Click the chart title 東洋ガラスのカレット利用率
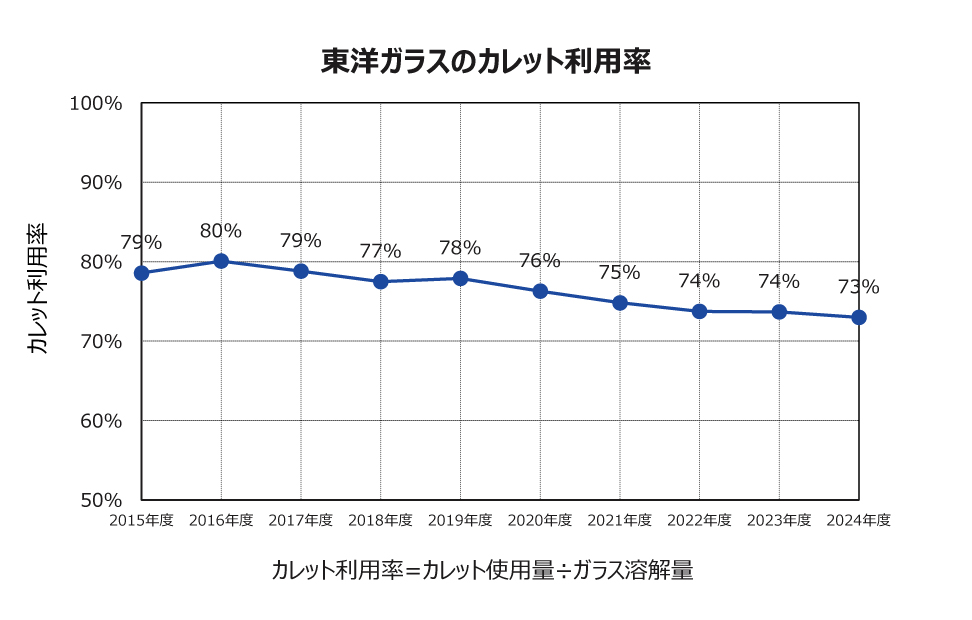[486, 62]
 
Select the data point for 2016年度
[221, 261]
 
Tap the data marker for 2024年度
[859, 317]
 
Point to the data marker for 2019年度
[460, 278]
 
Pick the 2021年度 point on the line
[620, 302]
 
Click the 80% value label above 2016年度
[221, 231]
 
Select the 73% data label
[859, 288]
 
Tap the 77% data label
[380, 251]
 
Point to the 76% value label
[540, 261]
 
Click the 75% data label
[620, 272]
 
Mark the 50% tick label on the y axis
[100, 500]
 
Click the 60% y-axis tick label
[100, 421]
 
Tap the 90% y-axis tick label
[100, 183]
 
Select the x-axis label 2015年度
[142, 520]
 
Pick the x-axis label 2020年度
[540, 520]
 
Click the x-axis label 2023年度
[779, 520]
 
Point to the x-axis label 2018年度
[380, 520]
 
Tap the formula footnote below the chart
[482, 571]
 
